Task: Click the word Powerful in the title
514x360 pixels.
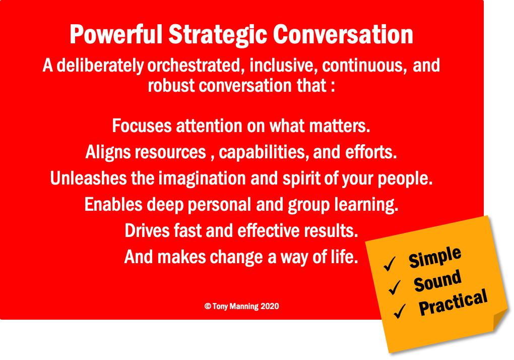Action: click(116, 34)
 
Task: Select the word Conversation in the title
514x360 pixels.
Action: click(343, 34)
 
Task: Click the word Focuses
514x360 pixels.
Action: click(142, 126)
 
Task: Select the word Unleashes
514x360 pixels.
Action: click(89, 178)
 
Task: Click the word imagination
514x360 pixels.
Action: click(202, 179)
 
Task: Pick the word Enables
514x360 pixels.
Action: click(113, 205)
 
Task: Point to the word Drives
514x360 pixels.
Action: click(147, 231)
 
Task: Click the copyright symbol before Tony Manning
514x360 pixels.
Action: click(208, 306)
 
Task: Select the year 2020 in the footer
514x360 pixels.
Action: click(270, 306)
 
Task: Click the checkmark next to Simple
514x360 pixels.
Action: click(390, 264)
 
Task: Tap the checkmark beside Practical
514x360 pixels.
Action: click(400, 311)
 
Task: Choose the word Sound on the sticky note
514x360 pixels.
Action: click(437, 281)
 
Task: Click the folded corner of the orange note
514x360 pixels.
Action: click(499, 320)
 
